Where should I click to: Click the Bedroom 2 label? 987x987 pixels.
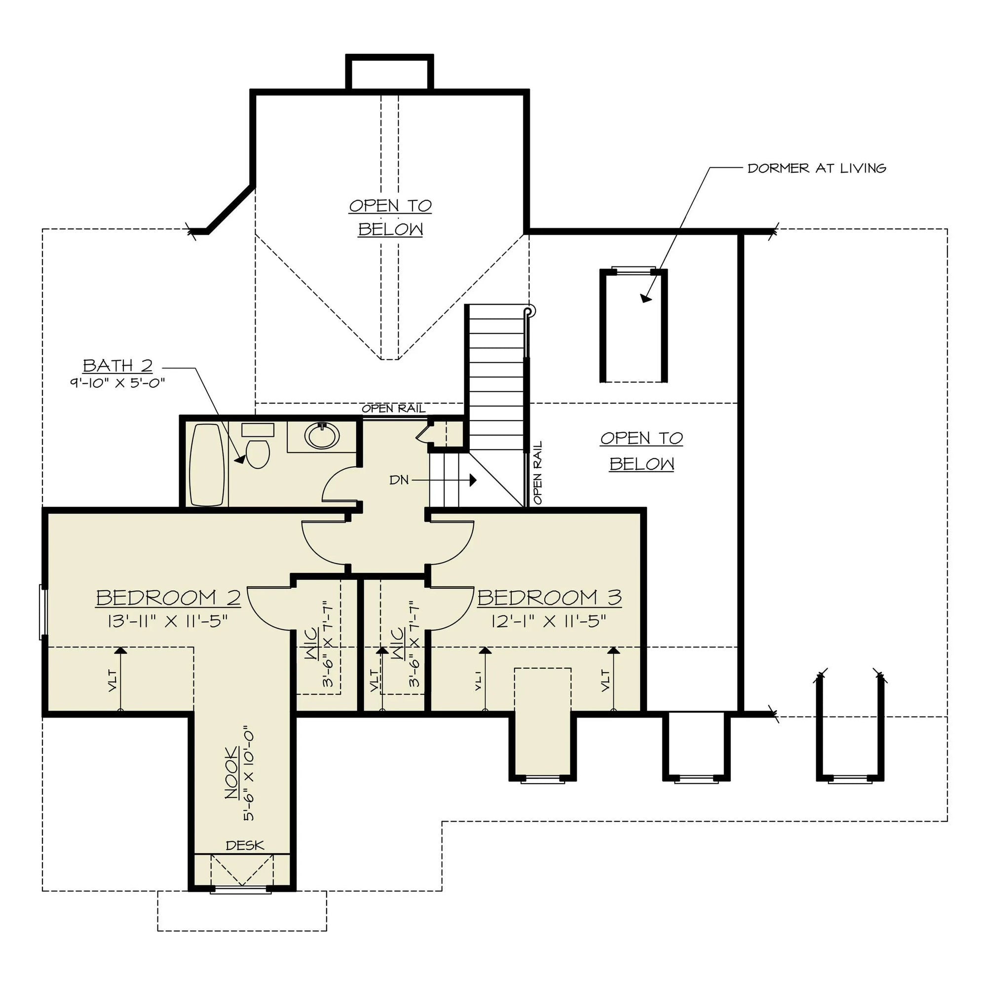click(168, 597)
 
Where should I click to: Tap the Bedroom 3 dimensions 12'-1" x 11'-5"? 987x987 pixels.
click(549, 621)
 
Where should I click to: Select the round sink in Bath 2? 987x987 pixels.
click(322, 436)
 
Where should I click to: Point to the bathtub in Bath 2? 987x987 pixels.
click(206, 464)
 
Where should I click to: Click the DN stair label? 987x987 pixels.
click(399, 480)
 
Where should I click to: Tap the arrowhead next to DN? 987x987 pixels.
click(473, 480)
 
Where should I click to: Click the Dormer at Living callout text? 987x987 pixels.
click(816, 168)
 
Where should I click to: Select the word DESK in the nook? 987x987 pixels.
click(245, 845)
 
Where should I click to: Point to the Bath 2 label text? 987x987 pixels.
click(117, 366)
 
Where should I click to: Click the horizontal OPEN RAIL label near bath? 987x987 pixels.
click(393, 409)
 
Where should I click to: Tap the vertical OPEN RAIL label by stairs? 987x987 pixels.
click(537, 473)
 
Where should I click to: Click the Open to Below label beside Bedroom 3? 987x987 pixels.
click(642, 451)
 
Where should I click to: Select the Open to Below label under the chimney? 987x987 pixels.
click(390, 218)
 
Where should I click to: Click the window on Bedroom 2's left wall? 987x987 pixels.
click(43, 612)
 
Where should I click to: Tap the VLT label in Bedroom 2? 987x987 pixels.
click(113, 681)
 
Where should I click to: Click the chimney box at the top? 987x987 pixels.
click(389, 73)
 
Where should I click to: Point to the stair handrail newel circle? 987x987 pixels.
click(530, 310)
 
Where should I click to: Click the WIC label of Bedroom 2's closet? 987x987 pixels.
click(311, 644)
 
